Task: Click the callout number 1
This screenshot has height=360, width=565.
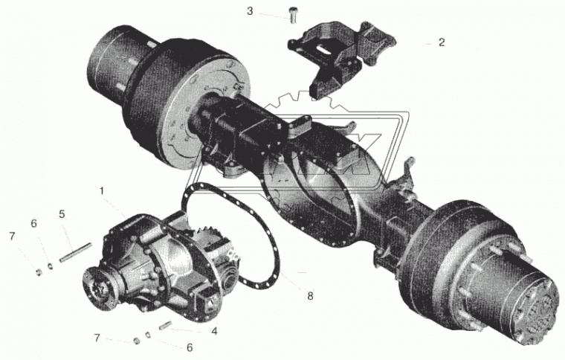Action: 102,191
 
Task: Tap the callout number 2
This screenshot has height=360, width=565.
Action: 442,42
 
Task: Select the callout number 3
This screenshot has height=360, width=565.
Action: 250,11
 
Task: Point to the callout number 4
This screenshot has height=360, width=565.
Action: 214,331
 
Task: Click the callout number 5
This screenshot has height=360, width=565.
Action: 62,214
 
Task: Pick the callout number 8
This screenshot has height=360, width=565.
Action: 310,296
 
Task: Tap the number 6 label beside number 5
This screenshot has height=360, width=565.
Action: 34,224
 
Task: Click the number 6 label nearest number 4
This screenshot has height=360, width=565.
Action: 190,347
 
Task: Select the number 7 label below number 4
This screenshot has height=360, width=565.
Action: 97,338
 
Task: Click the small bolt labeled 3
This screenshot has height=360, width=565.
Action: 292,16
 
